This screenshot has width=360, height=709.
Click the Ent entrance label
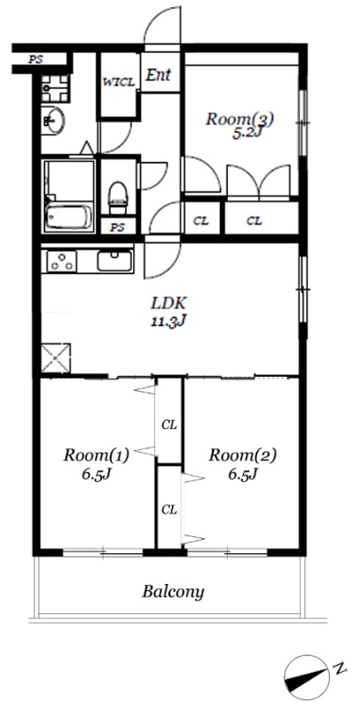tap(158, 75)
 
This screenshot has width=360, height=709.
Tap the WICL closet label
tap(119, 82)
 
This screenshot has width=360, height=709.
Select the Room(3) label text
tap(240, 120)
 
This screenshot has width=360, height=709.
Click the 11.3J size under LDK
tap(168, 321)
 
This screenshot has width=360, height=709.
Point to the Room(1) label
tap(97, 454)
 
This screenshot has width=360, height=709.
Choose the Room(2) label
tap(242, 454)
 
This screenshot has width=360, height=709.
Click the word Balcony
tap(173, 591)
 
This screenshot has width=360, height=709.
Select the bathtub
tap(69, 217)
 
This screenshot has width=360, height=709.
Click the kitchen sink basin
tap(115, 261)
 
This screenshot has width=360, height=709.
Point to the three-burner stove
tap(61, 261)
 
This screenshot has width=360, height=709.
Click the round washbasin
tap(53, 121)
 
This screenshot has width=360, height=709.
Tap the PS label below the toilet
tap(117, 228)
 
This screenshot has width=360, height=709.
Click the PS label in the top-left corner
tap(35, 59)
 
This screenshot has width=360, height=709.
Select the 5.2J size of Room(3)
tap(246, 134)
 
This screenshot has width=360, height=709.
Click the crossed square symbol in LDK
tap(56, 358)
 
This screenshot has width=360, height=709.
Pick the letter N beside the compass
tap(340, 667)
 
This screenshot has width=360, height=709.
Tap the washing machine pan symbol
tap(55, 88)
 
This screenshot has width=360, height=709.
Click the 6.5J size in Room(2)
tap(242, 474)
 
